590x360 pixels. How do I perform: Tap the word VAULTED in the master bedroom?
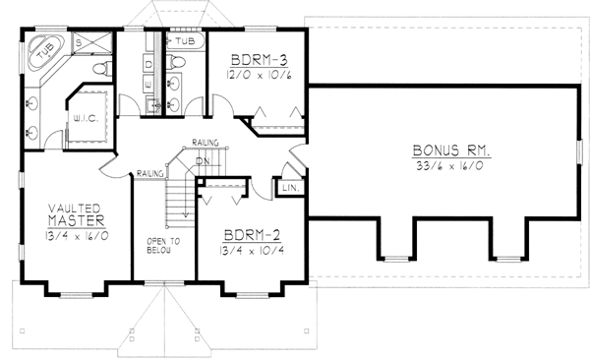[x=76, y=209]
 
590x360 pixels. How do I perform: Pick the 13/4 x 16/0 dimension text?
[x=76, y=236]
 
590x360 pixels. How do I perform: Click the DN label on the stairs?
[x=204, y=161]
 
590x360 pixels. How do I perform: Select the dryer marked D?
[x=149, y=63]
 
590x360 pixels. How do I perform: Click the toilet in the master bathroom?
[x=100, y=69]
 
